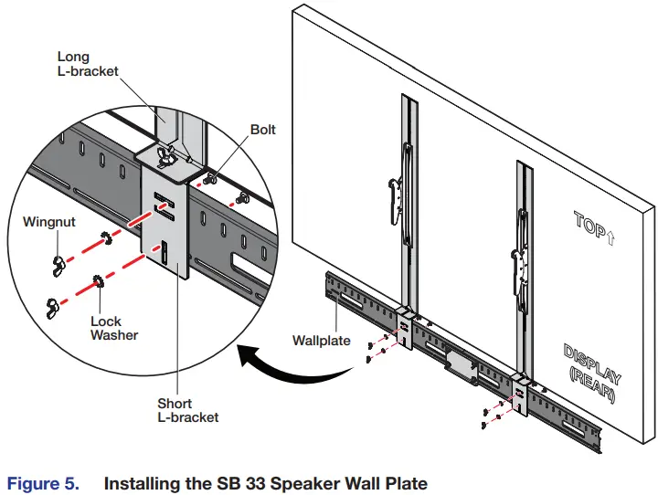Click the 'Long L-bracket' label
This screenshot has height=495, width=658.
click(88, 64)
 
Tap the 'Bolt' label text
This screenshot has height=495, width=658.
click(262, 131)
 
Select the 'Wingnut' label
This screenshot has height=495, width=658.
click(51, 220)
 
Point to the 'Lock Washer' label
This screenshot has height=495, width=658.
click(114, 328)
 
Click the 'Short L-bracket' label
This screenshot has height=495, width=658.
click(187, 409)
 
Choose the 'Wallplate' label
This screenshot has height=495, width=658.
click(321, 341)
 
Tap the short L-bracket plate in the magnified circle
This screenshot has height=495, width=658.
click(166, 228)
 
